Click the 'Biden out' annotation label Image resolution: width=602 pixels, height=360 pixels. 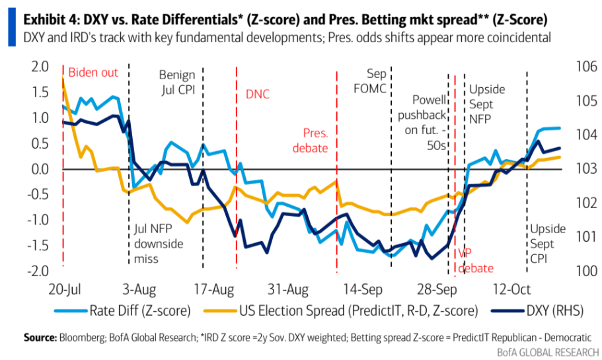click(x=93, y=72)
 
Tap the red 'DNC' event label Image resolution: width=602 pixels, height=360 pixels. click(x=258, y=94)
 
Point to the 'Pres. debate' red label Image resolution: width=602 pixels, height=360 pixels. click(x=315, y=140)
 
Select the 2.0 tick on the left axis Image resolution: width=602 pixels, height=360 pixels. click(x=40, y=67)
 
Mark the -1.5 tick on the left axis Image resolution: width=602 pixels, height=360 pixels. click(x=37, y=246)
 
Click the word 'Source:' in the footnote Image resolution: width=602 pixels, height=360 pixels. click(x=40, y=338)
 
